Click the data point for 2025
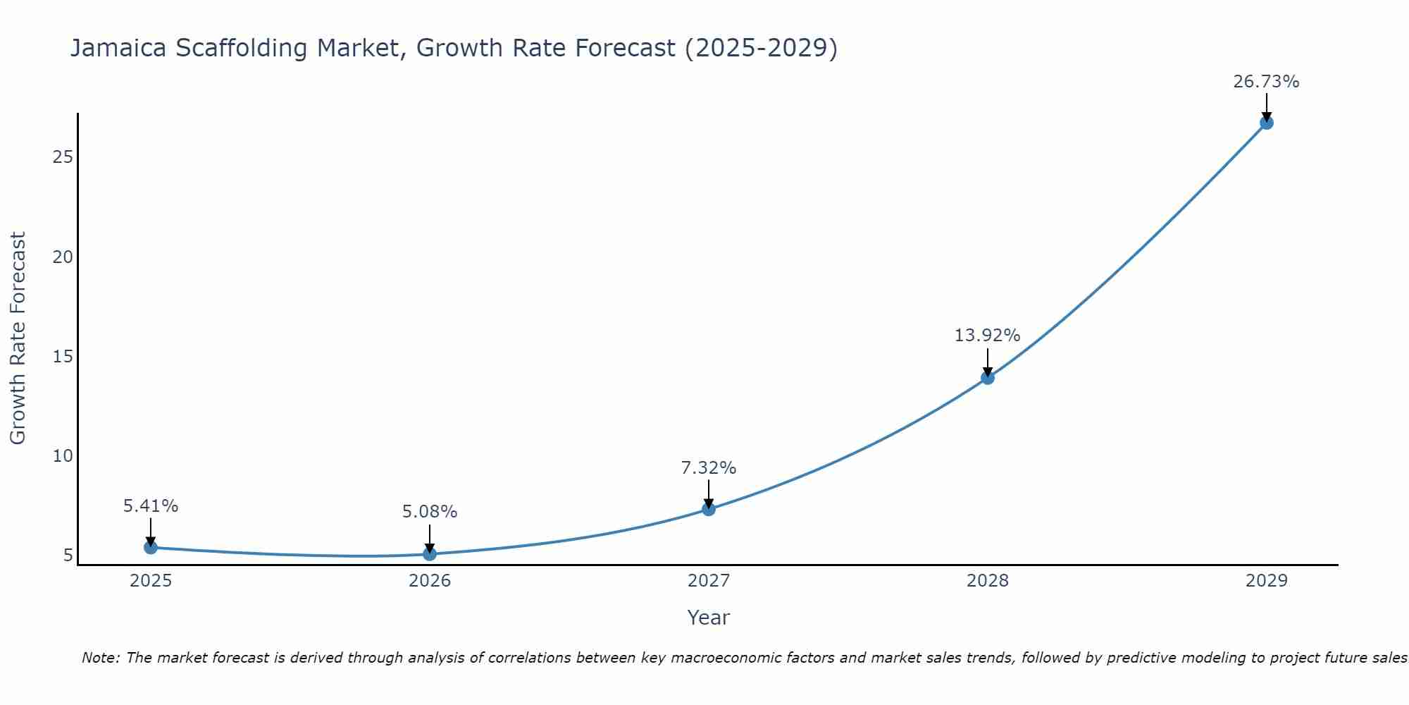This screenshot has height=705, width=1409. (x=151, y=547)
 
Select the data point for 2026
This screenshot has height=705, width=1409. (x=430, y=554)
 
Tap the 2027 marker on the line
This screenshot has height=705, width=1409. (x=709, y=509)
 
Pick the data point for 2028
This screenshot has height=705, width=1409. (x=988, y=378)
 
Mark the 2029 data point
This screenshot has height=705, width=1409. (x=1267, y=123)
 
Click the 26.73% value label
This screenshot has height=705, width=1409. (x=1266, y=82)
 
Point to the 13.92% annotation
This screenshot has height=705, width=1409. (x=987, y=336)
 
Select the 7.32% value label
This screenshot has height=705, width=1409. (x=708, y=468)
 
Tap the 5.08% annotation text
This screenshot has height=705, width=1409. (x=430, y=512)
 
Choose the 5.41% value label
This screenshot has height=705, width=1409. (x=151, y=506)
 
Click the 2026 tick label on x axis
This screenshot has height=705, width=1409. (x=430, y=581)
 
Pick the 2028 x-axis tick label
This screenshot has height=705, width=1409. (x=988, y=581)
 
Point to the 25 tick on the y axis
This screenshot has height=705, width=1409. (x=63, y=157)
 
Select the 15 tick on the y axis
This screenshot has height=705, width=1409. (x=63, y=356)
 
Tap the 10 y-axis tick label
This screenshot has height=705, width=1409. (x=63, y=456)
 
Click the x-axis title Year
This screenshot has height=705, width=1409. (x=708, y=618)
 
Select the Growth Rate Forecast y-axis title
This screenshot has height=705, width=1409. (x=18, y=338)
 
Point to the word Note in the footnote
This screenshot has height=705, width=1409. (x=101, y=658)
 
